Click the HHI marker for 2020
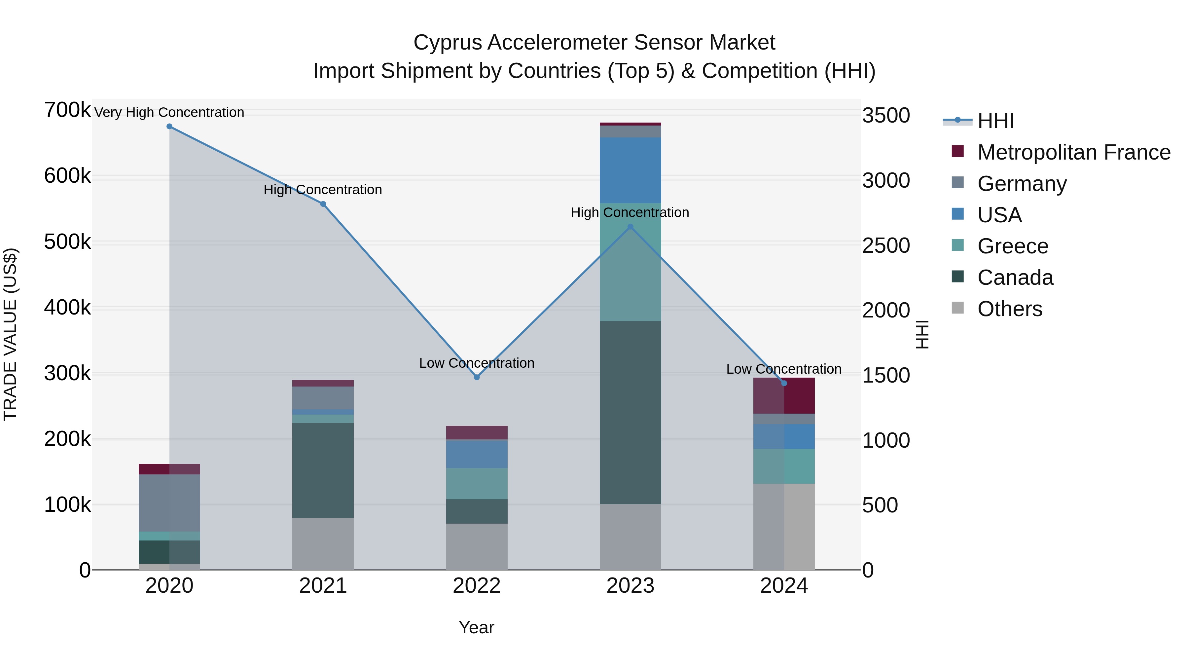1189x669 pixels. pos(169,127)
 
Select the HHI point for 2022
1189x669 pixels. pos(477,377)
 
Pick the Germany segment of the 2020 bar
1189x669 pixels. pos(169,503)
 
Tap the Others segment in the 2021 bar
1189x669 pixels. pos(323,543)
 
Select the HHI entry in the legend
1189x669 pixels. pos(995,121)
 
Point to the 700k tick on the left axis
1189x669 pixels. pos(67,110)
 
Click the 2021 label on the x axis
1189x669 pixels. pos(323,586)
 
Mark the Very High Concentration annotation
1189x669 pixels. pos(169,113)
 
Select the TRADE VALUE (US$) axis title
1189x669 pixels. pos(10,334)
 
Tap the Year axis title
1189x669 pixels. pos(476,627)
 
